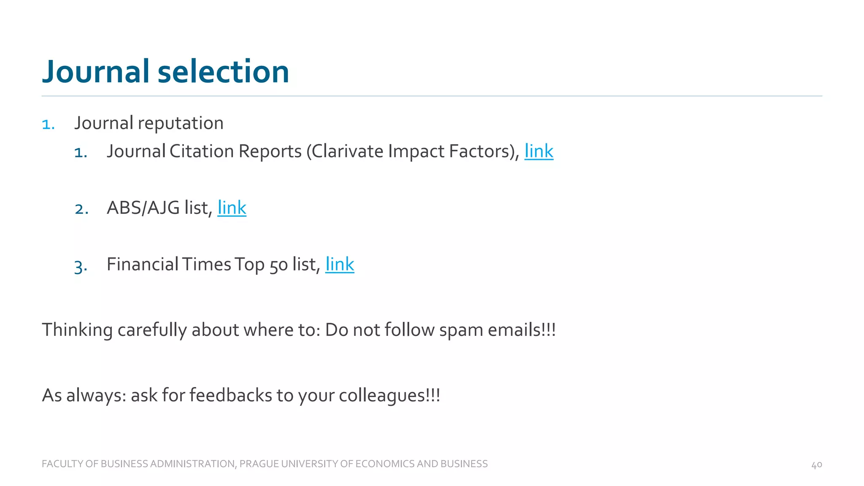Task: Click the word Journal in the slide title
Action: tap(96, 72)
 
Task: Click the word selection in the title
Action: tap(223, 72)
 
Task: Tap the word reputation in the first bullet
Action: tap(181, 124)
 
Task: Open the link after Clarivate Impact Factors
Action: tap(539, 151)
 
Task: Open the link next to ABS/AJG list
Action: tap(232, 208)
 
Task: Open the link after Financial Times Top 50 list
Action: tap(340, 265)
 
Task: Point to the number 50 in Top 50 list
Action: tap(278, 265)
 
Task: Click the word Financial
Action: tap(143, 265)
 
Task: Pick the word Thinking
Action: tap(77, 330)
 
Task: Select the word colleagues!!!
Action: tap(389, 396)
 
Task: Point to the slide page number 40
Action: tap(816, 465)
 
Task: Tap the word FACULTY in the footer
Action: tap(62, 464)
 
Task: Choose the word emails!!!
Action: tap(521, 330)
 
